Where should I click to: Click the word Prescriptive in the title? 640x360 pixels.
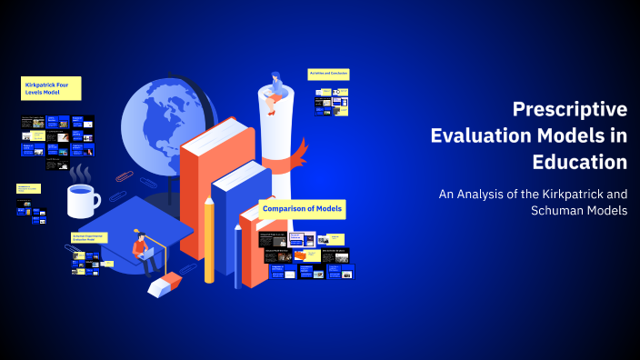tap(569, 110)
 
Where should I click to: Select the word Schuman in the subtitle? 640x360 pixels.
tap(555, 210)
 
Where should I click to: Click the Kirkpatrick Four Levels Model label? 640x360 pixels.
tap(51, 88)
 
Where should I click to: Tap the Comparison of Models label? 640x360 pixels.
tap(302, 209)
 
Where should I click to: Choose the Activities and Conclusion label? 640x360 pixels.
tap(328, 74)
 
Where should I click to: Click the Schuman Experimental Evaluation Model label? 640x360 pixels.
tap(89, 238)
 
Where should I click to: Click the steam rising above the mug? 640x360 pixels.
tap(82, 172)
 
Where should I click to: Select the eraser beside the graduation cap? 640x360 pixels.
tap(165, 287)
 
